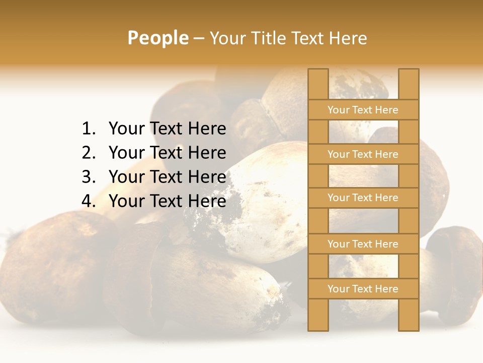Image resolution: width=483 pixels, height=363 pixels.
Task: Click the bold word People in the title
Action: tap(157, 38)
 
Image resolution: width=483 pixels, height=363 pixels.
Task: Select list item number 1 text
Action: tap(167, 129)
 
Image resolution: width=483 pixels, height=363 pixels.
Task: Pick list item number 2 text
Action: tap(167, 153)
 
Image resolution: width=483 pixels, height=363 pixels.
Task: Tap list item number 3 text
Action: tap(167, 177)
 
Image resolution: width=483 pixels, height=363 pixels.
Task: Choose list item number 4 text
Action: tap(167, 201)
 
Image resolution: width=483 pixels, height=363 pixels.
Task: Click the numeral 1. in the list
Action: tap(89, 129)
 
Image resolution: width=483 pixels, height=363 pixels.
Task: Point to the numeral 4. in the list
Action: tap(89, 201)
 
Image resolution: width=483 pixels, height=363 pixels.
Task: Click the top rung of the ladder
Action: tap(363, 110)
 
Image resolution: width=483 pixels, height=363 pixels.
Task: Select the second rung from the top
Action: tap(363, 154)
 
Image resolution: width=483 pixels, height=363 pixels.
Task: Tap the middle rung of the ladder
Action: tap(363, 198)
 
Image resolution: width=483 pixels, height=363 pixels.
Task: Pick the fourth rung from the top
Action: tap(363, 244)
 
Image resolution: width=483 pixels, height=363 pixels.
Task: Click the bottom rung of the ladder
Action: tap(363, 289)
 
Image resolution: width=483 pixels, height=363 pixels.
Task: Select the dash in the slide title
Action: tap(199, 38)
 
